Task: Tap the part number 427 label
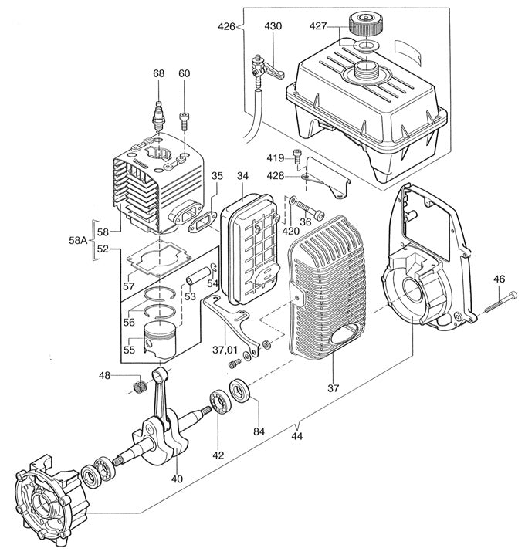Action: coord(340,26)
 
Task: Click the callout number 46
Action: coord(499,279)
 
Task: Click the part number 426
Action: coord(226,27)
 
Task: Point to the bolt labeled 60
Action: coord(185,120)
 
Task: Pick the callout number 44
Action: coord(296,435)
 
